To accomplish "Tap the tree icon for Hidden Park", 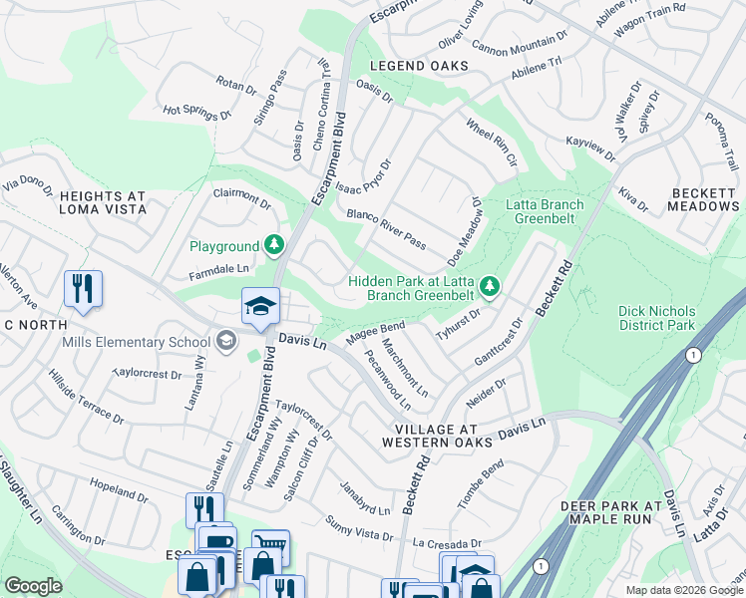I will (x=489, y=287).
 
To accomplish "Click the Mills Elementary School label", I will (x=137, y=342).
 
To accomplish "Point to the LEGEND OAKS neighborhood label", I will (x=418, y=66).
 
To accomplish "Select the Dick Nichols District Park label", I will (x=669, y=318).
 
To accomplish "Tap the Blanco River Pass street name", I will (x=386, y=230).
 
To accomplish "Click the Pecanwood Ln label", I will (x=388, y=380).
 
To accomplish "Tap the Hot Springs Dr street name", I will (x=196, y=113).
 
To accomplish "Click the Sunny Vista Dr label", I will (x=360, y=528).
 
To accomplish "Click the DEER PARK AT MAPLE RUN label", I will (x=611, y=512).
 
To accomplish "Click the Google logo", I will (x=33, y=586).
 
